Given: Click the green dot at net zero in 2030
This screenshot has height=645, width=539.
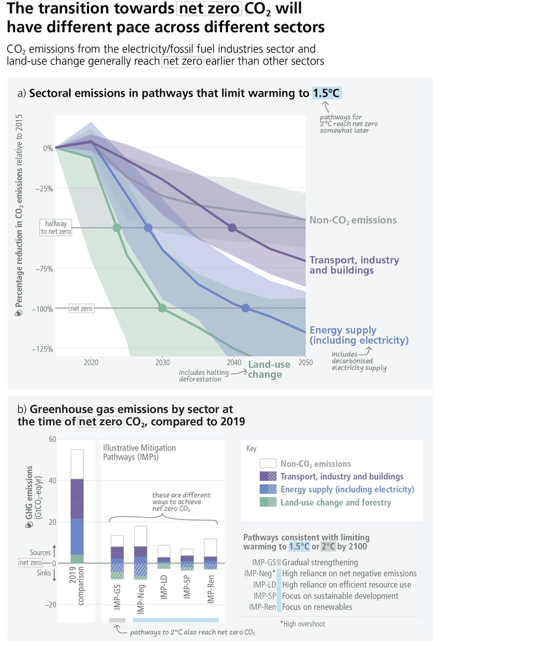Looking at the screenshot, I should click(162, 308).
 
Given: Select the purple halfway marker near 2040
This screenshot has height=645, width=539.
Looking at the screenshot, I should click(232, 228).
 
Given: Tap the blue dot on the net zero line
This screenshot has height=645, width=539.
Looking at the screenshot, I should click(246, 308).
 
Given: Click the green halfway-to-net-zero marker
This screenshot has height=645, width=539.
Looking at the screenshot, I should click(117, 228).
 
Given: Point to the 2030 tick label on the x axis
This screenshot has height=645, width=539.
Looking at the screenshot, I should click(162, 362).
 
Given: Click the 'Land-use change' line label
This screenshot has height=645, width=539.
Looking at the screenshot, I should click(269, 369).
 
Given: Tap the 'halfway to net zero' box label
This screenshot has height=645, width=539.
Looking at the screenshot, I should click(56, 228).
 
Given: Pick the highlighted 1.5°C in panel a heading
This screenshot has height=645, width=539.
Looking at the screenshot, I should click(327, 93).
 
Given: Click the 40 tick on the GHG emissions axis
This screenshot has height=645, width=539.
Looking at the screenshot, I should click(52, 480).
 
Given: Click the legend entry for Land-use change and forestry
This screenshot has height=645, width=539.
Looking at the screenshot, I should click(336, 503).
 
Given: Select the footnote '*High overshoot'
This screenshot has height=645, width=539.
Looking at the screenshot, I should click(303, 624).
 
